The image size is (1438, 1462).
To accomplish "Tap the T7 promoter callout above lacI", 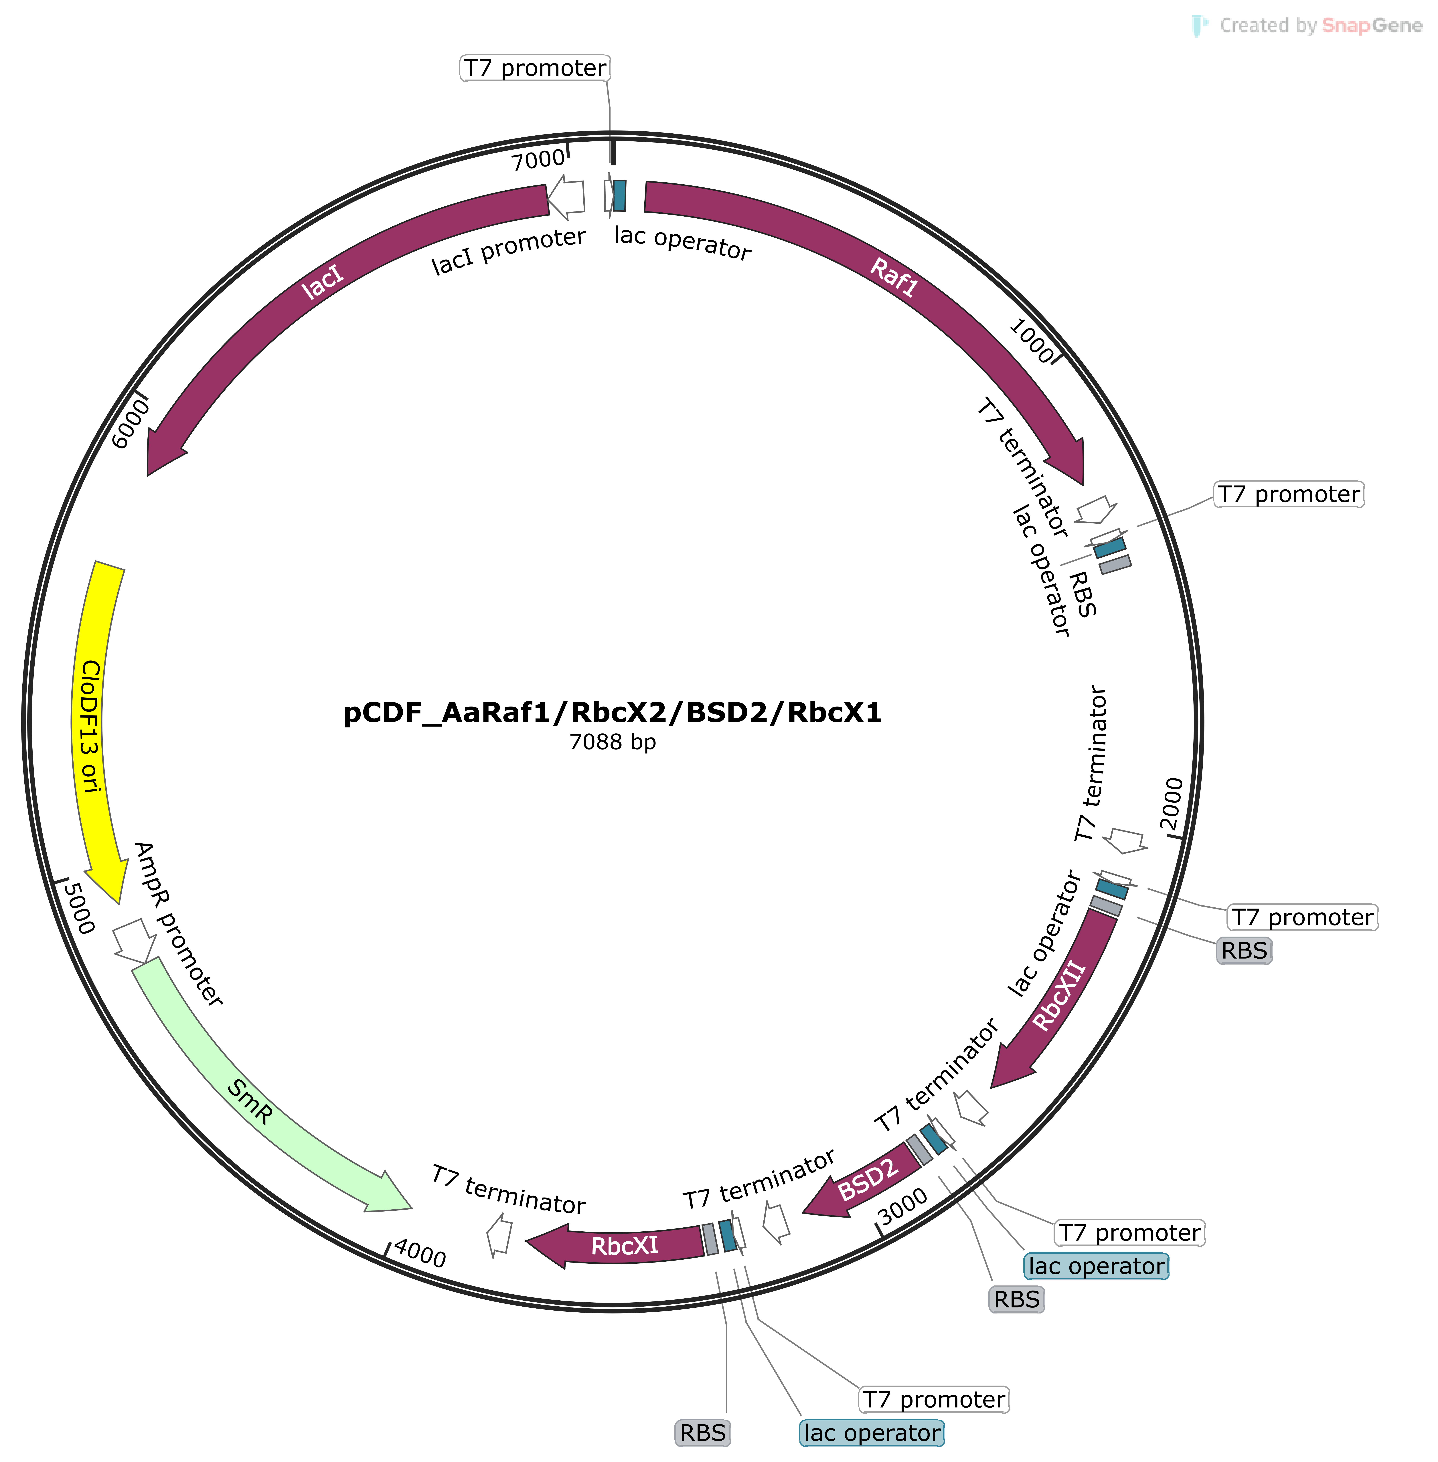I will (x=535, y=68).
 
